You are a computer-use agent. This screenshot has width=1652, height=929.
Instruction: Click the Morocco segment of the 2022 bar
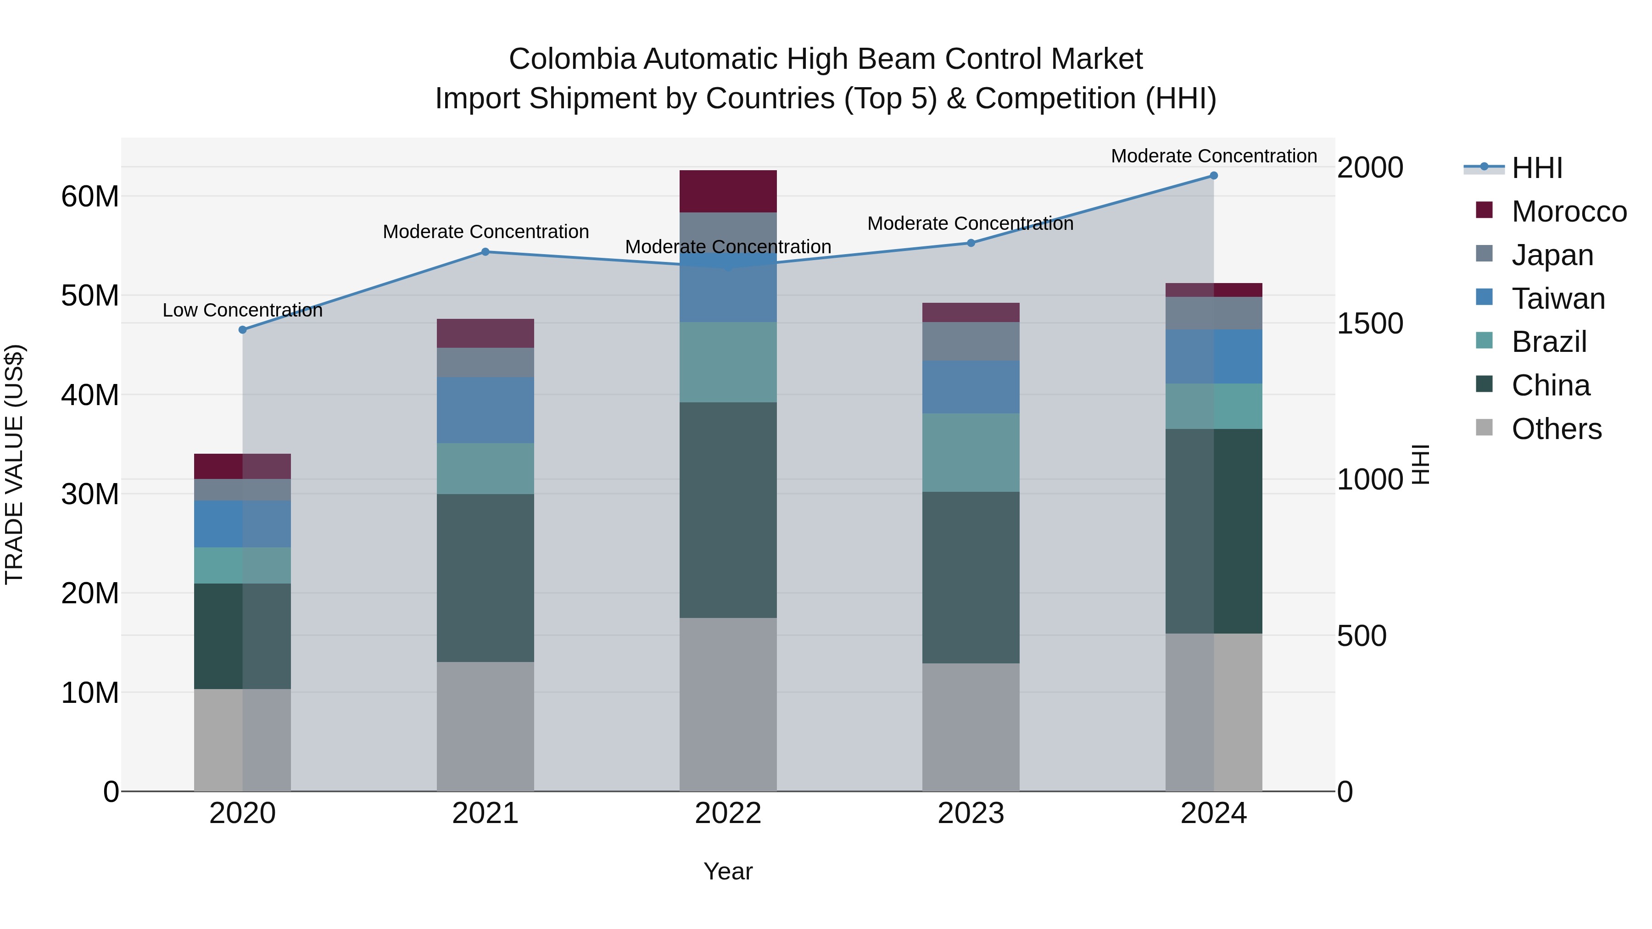coord(728,191)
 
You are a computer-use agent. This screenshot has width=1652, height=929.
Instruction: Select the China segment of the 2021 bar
coord(486,578)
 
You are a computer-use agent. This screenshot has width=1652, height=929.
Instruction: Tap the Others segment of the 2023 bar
coord(970,727)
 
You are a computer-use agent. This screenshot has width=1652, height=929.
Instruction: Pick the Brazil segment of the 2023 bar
coord(970,453)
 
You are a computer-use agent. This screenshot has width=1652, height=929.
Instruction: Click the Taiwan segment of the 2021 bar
coord(486,410)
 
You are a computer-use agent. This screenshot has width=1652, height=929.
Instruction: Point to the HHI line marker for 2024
coord(1213,176)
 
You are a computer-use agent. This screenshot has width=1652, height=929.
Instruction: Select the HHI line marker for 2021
coord(486,252)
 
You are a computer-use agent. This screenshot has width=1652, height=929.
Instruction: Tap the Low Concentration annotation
coord(242,310)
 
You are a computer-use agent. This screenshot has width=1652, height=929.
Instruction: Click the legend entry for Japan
coord(1552,255)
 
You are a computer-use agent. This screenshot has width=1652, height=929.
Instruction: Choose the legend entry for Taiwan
coord(1558,299)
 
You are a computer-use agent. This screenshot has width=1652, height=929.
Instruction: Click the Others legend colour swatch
coord(1484,428)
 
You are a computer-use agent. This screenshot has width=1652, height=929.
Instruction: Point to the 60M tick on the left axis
coord(90,196)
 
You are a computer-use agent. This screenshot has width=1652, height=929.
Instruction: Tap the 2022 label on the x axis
coord(728,813)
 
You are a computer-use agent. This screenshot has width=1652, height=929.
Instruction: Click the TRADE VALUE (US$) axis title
coord(14,464)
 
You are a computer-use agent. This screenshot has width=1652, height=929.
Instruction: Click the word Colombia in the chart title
coord(572,59)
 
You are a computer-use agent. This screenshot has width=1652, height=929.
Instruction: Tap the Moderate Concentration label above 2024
coord(1213,156)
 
